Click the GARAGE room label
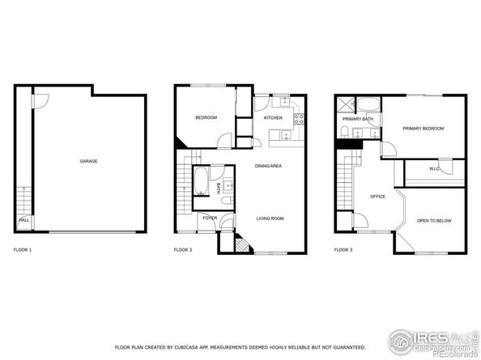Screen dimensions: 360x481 tap(88, 161)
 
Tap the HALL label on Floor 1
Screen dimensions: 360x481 tap(23, 219)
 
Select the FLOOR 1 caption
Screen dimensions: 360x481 tap(23, 250)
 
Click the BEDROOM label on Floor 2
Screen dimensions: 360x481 tap(206, 118)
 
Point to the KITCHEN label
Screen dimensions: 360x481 tap(273, 118)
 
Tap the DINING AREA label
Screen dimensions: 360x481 tap(268, 166)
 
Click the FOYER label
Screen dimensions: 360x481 tap(210, 218)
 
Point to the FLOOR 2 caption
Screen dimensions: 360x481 tap(183, 250)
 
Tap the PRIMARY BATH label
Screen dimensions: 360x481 tap(357, 119)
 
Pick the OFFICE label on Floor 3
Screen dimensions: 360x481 tap(377, 197)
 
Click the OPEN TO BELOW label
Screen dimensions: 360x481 tap(434, 220)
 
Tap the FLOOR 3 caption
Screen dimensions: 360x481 tap(343, 250)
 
